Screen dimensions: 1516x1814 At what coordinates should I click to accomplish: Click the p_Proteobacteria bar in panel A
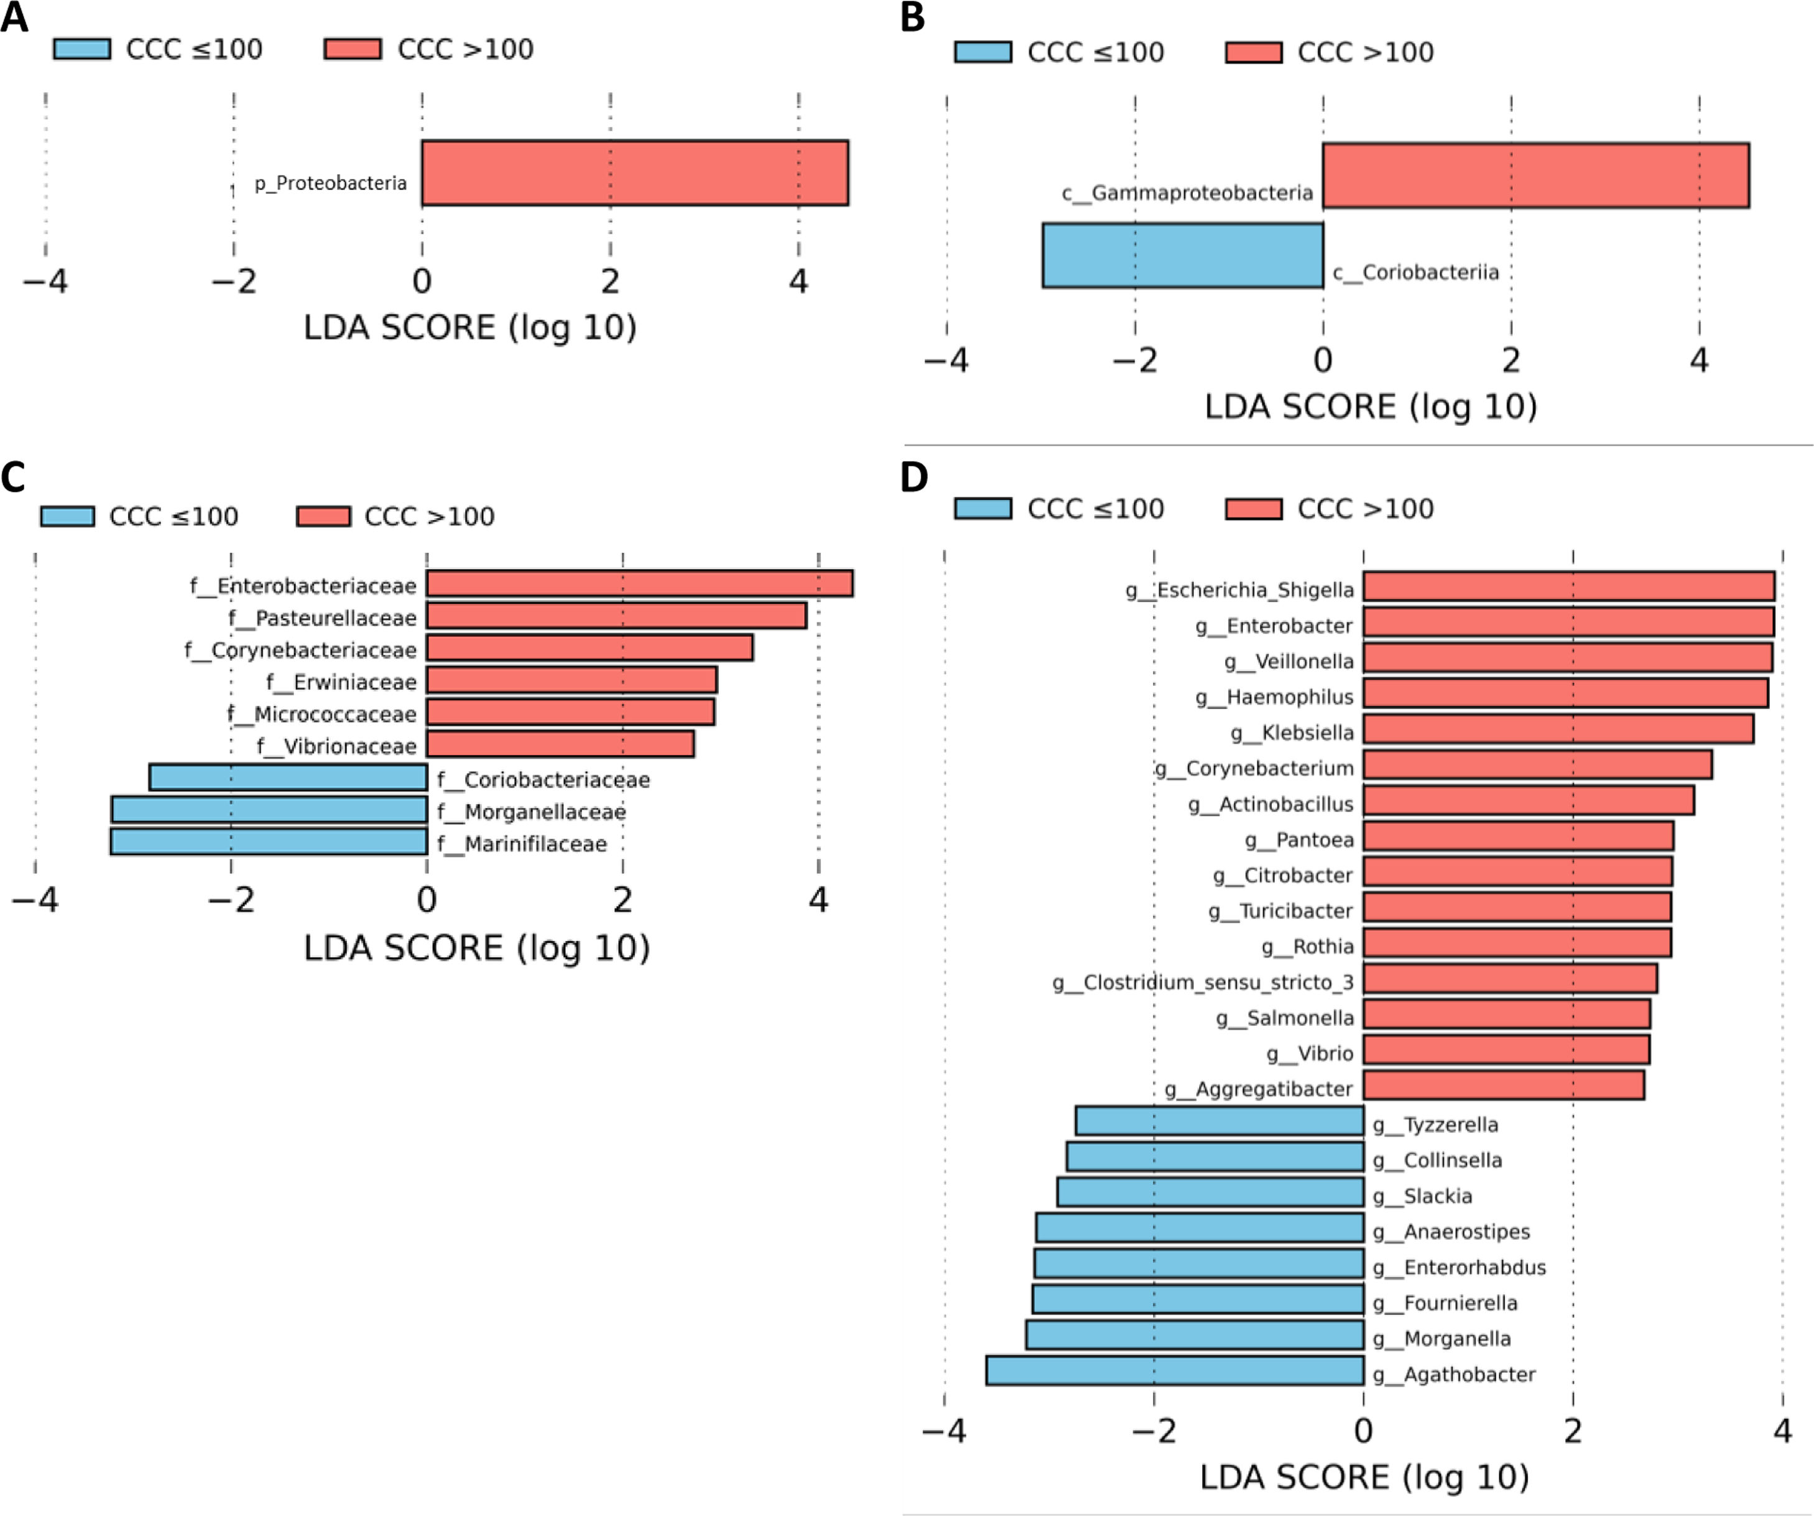click(x=635, y=173)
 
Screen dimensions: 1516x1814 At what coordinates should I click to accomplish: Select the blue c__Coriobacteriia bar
click(x=1183, y=256)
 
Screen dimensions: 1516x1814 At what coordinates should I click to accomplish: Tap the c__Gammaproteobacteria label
click(x=1187, y=193)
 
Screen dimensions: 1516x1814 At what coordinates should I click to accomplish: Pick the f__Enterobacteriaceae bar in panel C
click(x=639, y=583)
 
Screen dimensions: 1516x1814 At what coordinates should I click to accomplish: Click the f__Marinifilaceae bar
click(x=269, y=841)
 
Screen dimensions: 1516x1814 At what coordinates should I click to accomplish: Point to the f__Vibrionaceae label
click(x=337, y=746)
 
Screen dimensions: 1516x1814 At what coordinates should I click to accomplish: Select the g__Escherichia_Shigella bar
click(x=1569, y=586)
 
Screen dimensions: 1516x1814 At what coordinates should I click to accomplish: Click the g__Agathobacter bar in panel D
click(x=1175, y=1371)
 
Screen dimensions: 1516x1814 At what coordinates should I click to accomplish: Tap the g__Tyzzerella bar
click(x=1219, y=1121)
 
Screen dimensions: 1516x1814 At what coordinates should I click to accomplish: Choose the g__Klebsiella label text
click(x=1292, y=733)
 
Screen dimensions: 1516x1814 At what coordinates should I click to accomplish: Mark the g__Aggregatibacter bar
click(x=1504, y=1086)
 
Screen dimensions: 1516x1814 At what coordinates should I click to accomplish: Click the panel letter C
click(x=13, y=477)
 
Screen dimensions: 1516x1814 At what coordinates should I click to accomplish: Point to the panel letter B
click(x=912, y=17)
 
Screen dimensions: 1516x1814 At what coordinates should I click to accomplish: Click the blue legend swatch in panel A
click(x=82, y=49)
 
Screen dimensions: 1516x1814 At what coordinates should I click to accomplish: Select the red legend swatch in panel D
click(x=1254, y=509)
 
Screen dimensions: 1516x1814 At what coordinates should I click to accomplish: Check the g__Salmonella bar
click(x=1506, y=1014)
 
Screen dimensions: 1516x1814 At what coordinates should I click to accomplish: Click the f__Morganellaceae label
click(x=531, y=812)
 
